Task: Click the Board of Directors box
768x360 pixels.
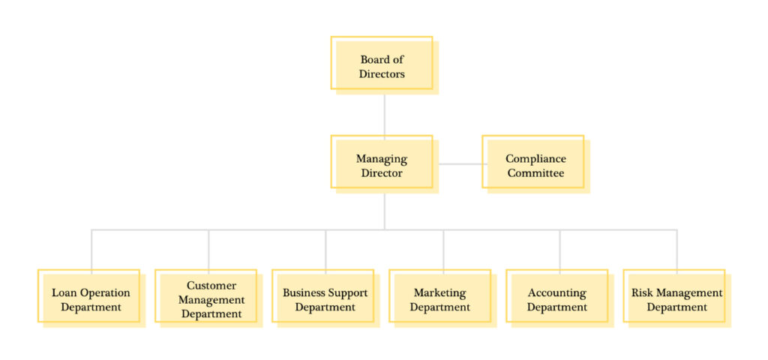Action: [x=382, y=66]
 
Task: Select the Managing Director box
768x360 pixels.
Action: [x=382, y=165]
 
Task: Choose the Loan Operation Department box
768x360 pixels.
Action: [x=91, y=299]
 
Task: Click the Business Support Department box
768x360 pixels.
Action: [x=325, y=299]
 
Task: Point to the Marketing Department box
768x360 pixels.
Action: [x=441, y=299]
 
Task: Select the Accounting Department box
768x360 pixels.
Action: [x=558, y=299]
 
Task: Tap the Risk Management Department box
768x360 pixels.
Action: [x=676, y=299]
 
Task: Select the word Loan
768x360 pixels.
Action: [x=63, y=292]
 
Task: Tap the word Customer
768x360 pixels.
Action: [x=211, y=286]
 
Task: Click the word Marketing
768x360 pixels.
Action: [x=439, y=292]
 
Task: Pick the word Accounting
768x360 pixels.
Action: [x=556, y=292]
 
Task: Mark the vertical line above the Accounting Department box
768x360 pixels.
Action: [x=560, y=249]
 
